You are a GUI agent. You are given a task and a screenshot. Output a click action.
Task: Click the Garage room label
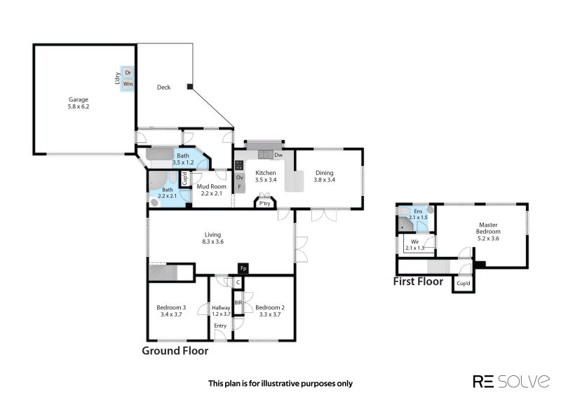79,99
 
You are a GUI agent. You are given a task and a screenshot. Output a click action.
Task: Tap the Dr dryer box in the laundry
128,73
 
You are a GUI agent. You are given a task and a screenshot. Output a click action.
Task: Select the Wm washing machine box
128,84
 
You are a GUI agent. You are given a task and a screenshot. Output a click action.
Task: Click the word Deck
163,88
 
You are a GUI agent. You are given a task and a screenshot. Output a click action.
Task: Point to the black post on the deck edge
190,87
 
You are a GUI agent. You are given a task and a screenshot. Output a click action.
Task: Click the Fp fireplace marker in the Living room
243,268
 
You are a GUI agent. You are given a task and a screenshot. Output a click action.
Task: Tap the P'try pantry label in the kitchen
265,204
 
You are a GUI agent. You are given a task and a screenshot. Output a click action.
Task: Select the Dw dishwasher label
278,155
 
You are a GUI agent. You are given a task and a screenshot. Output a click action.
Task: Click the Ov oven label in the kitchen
240,177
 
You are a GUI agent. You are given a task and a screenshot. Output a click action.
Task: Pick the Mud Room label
212,186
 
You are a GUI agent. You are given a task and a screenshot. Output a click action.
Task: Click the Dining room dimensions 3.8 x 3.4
324,180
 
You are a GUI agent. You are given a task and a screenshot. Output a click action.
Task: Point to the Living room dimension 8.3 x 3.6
212,242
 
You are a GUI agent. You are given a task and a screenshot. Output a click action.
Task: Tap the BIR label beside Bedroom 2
238,302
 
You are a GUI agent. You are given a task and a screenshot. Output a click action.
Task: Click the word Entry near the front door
220,326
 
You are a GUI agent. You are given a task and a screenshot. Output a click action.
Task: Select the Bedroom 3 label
171,307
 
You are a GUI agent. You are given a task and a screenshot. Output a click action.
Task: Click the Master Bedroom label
488,228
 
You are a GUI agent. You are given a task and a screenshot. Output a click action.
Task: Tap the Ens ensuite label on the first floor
418,211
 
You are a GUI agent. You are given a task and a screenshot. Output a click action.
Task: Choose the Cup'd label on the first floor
463,284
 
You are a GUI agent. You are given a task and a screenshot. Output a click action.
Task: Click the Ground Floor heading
175,351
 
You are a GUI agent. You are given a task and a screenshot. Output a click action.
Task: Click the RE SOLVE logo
511,382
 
